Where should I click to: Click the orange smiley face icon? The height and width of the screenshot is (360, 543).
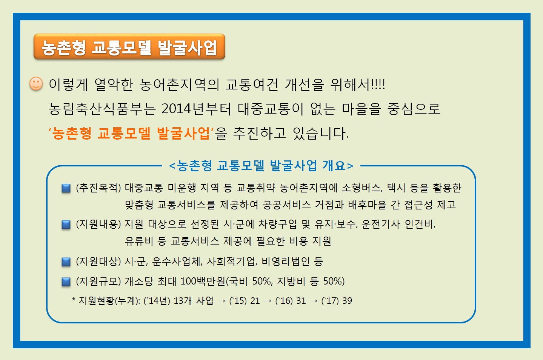click(x=36, y=84)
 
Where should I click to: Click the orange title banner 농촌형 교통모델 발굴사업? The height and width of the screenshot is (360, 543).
click(x=129, y=47)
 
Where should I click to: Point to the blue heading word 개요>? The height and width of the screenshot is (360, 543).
click(x=338, y=165)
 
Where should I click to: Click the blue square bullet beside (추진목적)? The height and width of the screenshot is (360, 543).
click(x=66, y=188)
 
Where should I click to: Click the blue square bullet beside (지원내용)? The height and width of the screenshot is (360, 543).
click(x=66, y=225)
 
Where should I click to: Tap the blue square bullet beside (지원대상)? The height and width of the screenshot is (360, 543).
click(x=66, y=262)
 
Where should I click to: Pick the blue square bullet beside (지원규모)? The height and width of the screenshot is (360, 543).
click(x=66, y=282)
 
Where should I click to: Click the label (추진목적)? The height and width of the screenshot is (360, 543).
click(x=98, y=188)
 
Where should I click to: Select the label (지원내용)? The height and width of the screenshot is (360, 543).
click(x=98, y=224)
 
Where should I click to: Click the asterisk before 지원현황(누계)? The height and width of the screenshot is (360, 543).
click(x=74, y=300)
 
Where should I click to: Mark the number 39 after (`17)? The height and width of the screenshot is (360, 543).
click(x=347, y=301)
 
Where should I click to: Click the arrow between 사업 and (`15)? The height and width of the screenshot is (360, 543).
click(x=222, y=301)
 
